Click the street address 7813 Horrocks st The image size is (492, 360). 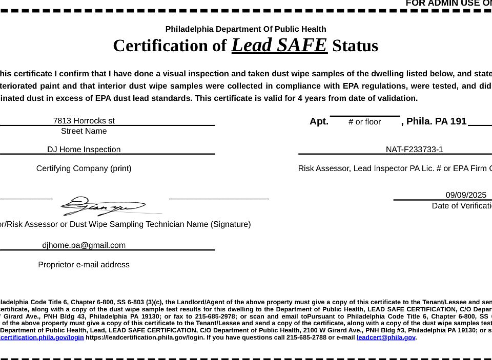point(84,121)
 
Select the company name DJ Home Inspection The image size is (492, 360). point(84,150)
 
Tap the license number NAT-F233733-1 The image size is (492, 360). point(414,150)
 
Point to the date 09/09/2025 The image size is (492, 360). point(465,195)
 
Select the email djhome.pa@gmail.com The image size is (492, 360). point(84,245)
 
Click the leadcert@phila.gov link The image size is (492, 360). point(385,337)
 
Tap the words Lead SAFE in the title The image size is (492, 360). point(279,45)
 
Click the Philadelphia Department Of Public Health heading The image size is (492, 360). point(245,29)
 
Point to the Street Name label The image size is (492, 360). point(84,131)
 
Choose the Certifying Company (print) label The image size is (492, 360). point(84,168)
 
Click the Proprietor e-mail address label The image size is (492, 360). point(84,265)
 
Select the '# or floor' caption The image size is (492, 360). point(364,122)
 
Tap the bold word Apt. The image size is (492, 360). point(319,121)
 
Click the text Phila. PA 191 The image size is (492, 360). point(436,121)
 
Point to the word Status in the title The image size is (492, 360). point(355,46)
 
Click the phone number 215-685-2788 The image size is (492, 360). point(309,337)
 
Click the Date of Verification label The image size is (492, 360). point(461,206)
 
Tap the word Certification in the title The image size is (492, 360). point(162,46)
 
